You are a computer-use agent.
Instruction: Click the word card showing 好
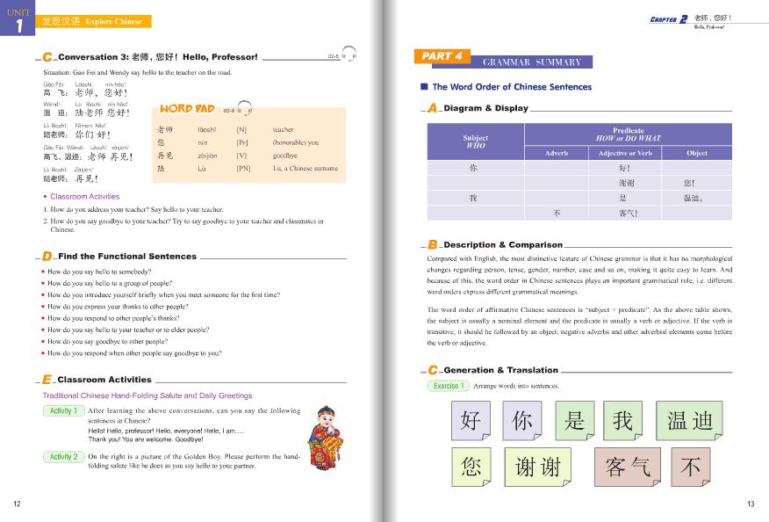coord(471,420)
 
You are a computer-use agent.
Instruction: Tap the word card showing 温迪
coord(689,420)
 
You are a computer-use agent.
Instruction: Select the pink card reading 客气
coord(627,467)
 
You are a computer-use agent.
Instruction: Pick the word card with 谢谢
coord(537,467)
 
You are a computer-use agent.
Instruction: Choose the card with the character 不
coord(690,467)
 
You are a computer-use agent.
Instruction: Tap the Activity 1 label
coord(63,410)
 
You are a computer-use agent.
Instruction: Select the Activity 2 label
coord(63,457)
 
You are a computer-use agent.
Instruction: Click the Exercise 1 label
coord(448,386)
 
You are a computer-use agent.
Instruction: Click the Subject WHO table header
coord(475,141)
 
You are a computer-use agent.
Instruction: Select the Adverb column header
coord(557,153)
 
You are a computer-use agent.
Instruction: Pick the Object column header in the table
coord(696,153)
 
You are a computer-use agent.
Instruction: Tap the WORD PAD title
coord(187,109)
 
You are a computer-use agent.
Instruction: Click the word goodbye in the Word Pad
coord(286,156)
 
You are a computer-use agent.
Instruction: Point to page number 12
coord(18,504)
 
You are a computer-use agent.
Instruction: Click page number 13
coord(751,504)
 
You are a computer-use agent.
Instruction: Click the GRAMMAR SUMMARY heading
coord(536,62)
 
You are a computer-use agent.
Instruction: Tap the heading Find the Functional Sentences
coord(127,257)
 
